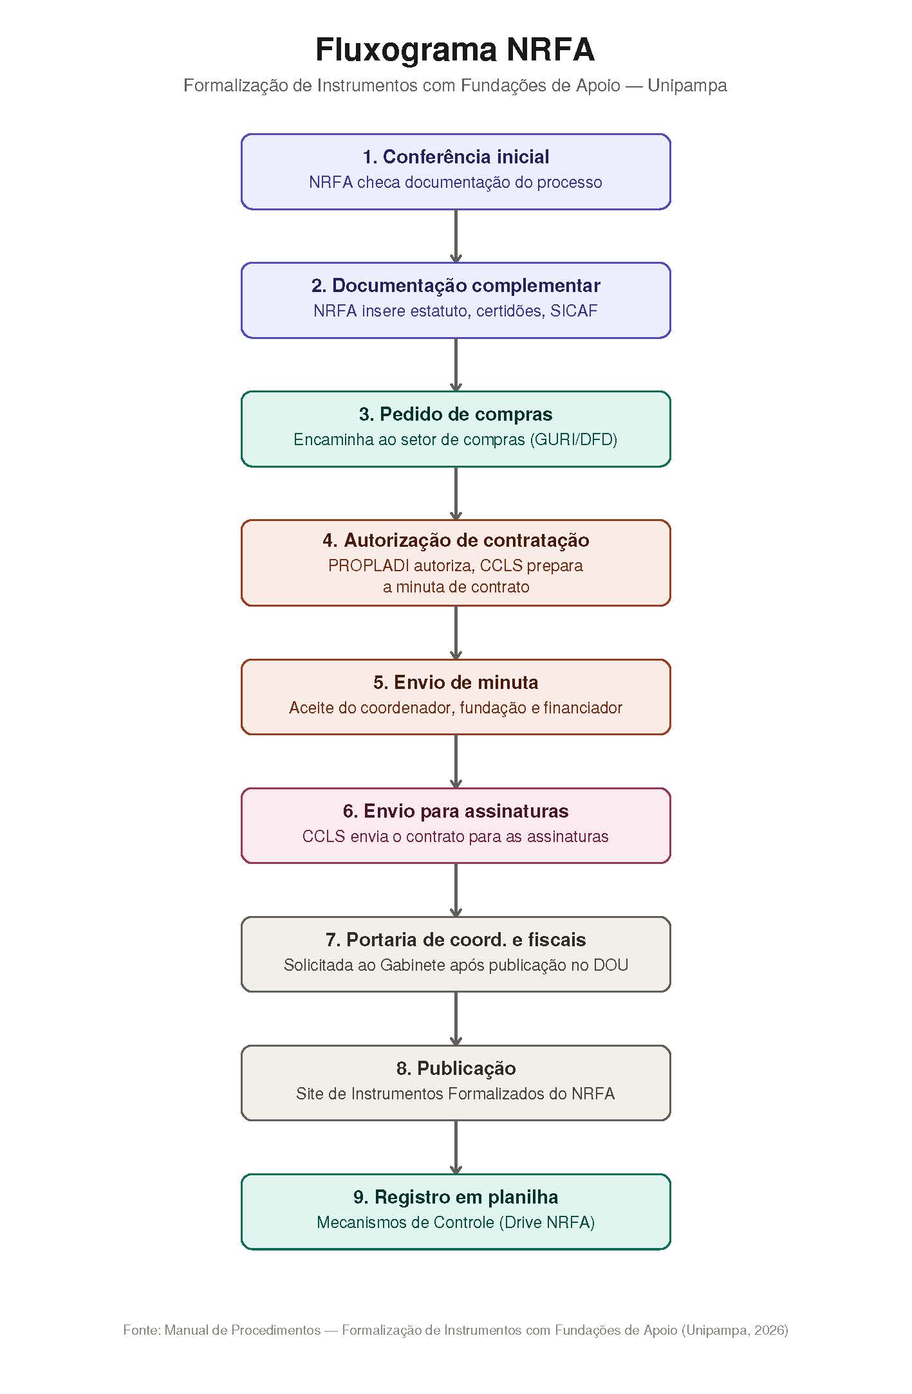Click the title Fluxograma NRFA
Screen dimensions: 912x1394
(455, 50)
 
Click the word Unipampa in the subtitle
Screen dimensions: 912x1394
(687, 86)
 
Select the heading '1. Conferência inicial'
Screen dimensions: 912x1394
(456, 157)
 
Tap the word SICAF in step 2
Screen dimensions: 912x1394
(574, 311)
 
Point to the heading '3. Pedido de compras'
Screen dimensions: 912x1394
(456, 414)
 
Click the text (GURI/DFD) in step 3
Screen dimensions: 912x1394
(573, 440)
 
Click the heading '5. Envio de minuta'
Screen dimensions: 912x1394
(456, 683)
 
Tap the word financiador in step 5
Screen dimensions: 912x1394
(583, 708)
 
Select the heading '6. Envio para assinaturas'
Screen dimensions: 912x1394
(456, 811)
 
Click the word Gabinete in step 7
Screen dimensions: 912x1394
(411, 966)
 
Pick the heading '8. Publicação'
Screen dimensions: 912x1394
(456, 1068)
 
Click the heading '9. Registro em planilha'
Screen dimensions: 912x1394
(456, 1197)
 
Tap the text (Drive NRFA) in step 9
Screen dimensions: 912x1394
(547, 1223)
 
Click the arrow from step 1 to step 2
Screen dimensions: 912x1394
(456, 236)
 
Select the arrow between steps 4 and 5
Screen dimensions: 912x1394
(456, 633)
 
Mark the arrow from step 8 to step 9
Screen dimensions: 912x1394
(456, 1148)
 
